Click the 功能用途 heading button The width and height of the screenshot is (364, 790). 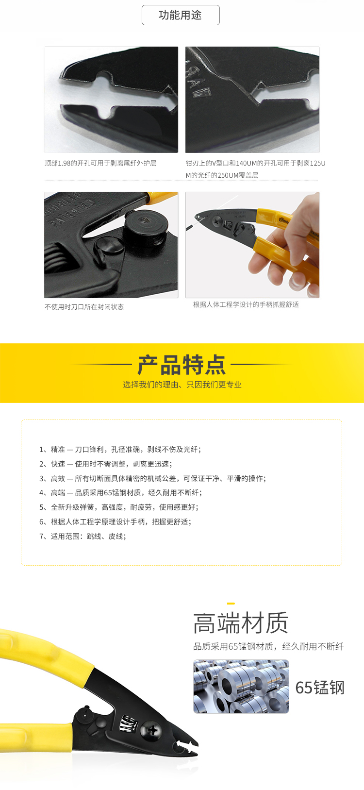coord(181,15)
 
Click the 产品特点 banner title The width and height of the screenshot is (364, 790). coord(182,365)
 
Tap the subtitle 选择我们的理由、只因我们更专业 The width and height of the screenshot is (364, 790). coord(182,385)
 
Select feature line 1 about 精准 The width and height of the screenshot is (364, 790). coord(120,449)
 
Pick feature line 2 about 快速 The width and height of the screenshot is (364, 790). coord(106,464)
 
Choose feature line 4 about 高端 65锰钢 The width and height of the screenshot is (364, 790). coord(120,493)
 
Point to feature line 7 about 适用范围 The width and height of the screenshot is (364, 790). coord(83,536)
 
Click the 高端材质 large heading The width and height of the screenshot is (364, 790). coord(241,623)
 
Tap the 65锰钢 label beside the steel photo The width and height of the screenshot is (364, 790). coord(320,688)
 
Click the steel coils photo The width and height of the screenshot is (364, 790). coord(241,686)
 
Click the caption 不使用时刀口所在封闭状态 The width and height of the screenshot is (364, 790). coord(84,307)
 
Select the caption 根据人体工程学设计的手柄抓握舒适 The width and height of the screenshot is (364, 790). coord(246,304)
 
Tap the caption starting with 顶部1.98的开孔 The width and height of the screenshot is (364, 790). coord(100,163)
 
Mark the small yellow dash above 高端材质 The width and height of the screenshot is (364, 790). coord(231,604)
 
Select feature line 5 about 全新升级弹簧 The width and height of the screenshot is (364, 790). coord(119,507)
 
